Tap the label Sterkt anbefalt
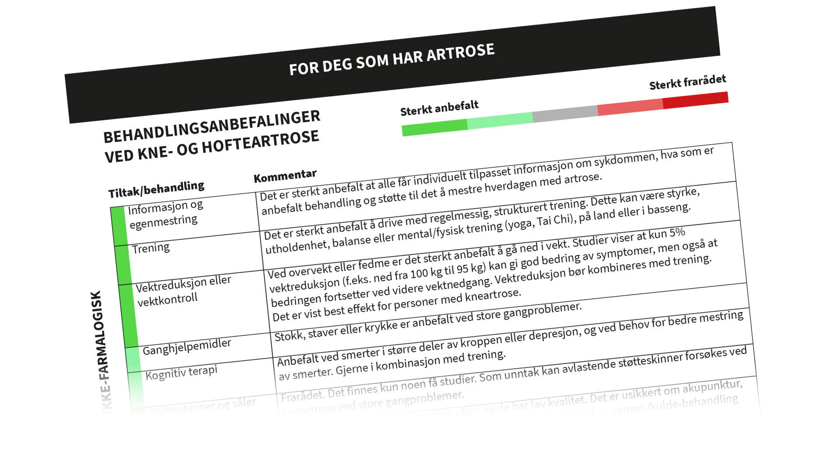(x=439, y=108)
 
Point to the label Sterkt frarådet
(x=687, y=82)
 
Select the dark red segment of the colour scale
(x=696, y=100)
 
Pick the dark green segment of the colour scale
(x=434, y=127)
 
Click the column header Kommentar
(x=285, y=176)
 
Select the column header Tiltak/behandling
(x=156, y=189)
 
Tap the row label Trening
(x=151, y=248)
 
